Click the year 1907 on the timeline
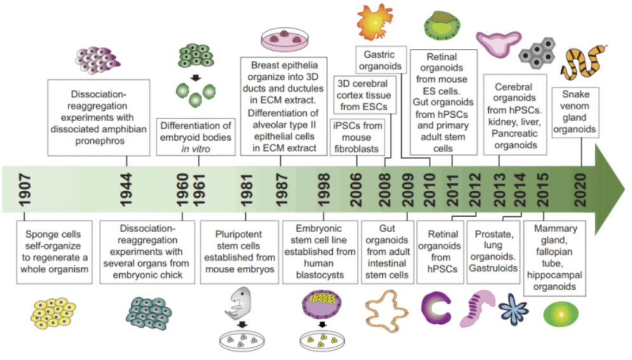click(25, 190)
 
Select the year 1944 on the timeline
click(126, 190)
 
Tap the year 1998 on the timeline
click(323, 190)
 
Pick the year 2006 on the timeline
click(356, 190)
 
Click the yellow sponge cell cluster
click(53, 313)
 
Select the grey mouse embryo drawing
click(239, 303)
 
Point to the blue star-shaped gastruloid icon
click(513, 309)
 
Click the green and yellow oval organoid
click(560, 314)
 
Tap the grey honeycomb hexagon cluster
click(537, 53)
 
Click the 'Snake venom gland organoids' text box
click(575, 112)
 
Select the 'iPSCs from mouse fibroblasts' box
click(357, 137)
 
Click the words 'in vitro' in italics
click(195, 149)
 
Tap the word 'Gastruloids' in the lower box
click(493, 268)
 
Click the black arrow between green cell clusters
click(196, 78)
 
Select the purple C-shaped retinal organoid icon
click(435, 309)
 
